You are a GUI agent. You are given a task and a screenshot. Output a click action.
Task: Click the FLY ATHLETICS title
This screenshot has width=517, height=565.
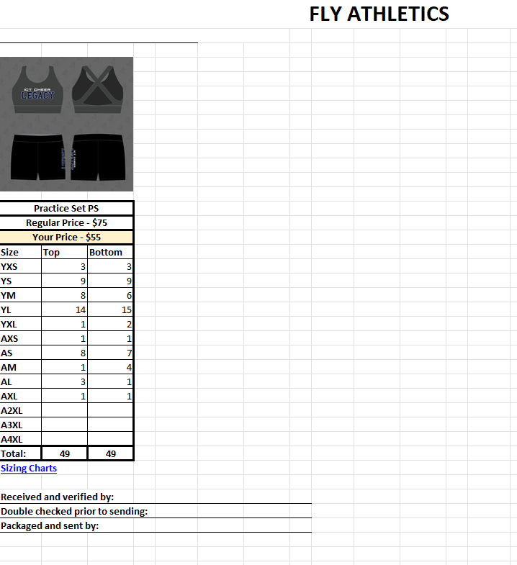379,14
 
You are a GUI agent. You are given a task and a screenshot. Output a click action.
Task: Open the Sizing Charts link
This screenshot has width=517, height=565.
29,468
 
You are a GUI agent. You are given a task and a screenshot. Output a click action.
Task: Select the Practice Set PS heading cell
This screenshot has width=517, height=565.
66,208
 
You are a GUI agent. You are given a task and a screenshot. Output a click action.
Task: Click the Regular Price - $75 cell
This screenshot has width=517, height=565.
66,222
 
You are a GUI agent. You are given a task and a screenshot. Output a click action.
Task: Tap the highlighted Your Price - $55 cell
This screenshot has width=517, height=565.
66,237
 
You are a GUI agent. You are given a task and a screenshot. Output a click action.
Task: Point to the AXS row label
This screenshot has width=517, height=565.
9,339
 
